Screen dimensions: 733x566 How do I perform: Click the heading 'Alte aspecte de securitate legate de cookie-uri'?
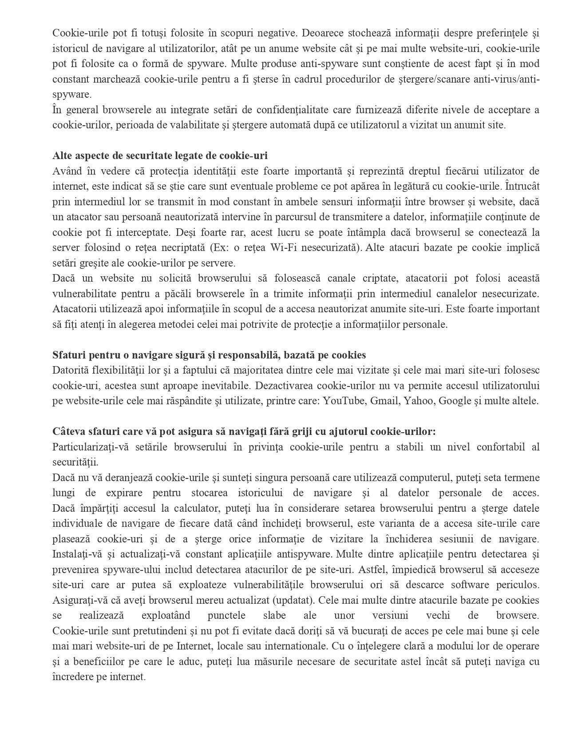pyautogui.click(x=160, y=155)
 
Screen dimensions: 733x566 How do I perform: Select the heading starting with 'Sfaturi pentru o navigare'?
pyautogui.click(x=209, y=355)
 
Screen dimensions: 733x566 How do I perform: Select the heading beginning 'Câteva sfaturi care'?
pyautogui.click(x=244, y=431)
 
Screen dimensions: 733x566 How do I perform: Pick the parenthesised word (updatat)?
pyautogui.click(x=293, y=600)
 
